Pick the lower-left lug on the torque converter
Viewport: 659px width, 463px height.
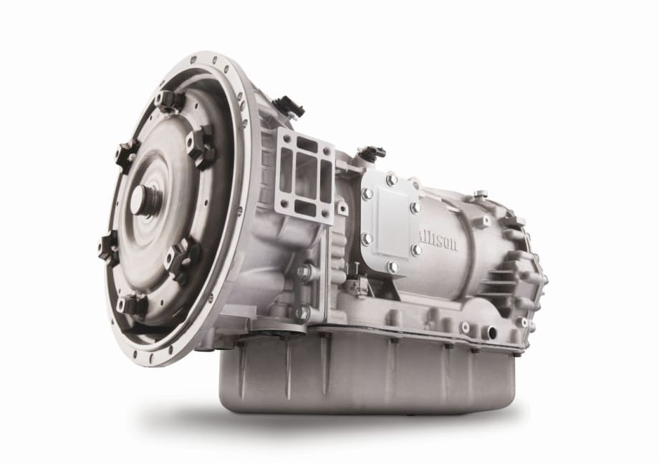point(111,248)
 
